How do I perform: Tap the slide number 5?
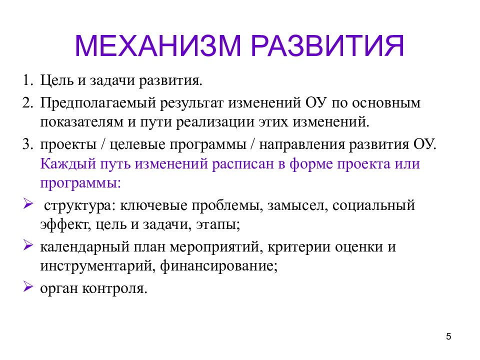tap(448, 336)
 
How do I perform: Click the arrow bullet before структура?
tap(27, 204)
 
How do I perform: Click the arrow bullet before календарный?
tap(27, 246)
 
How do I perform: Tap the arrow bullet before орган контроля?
tap(27, 287)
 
